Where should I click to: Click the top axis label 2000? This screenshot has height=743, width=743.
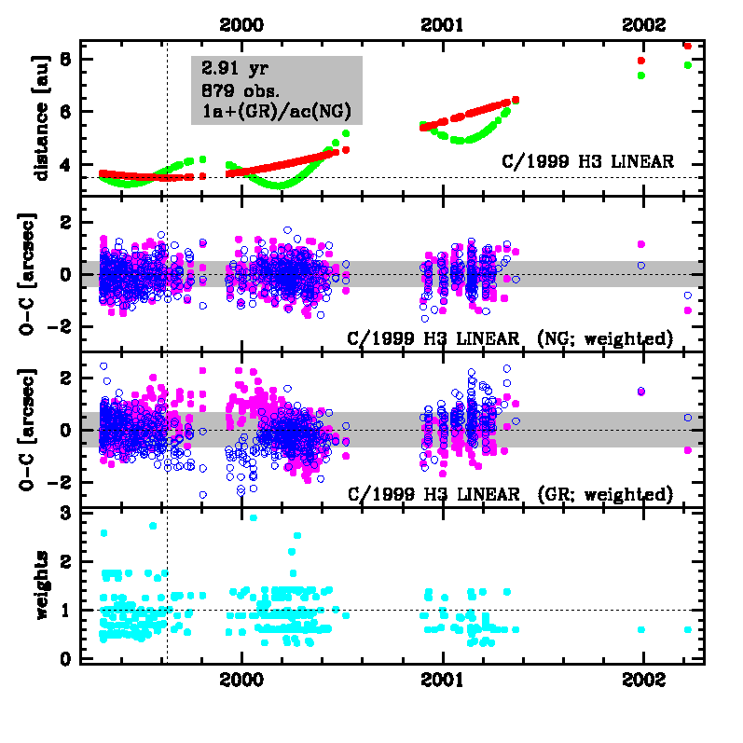(241, 25)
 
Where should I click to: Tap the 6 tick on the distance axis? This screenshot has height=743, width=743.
(65, 111)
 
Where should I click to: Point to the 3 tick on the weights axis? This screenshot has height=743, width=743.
(65, 513)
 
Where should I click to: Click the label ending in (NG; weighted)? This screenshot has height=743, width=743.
(510, 337)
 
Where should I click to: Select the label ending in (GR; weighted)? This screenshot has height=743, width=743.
(510, 494)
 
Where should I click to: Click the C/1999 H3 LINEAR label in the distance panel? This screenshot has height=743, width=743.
(586, 161)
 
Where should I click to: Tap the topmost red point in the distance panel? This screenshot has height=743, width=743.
(687, 46)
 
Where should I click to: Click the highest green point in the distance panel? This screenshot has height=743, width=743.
(687, 65)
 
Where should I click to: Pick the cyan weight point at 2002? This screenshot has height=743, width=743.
(641, 629)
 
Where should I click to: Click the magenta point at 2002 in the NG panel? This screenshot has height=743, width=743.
(641, 244)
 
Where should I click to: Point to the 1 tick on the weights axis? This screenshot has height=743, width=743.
(65, 610)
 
